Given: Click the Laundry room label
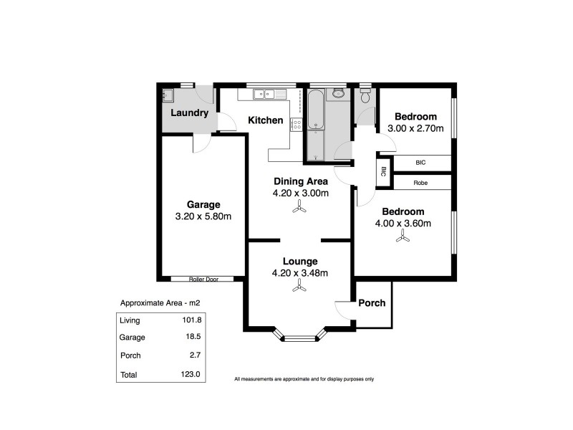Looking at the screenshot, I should point(189,113).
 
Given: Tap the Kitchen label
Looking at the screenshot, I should point(265,120).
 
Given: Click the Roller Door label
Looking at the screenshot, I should point(203,279).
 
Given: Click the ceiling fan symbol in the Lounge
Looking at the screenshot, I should point(299,287).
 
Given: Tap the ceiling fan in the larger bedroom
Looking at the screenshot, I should point(403,239).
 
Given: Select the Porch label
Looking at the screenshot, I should point(372,303).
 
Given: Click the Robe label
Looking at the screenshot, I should point(420,183).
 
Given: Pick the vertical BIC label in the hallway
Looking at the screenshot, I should point(383,172).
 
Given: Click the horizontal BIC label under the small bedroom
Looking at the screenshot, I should point(420,163).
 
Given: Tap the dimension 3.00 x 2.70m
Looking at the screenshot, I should point(416,129).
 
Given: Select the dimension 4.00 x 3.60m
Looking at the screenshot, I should point(403,223).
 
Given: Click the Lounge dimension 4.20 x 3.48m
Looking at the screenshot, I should point(299,273).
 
